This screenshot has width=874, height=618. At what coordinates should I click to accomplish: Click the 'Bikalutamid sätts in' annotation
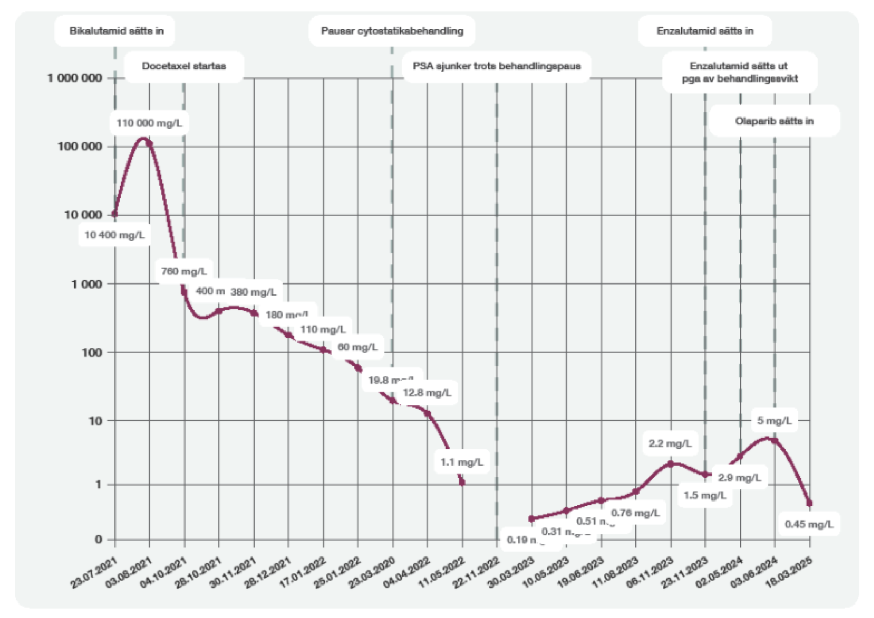coord(116,31)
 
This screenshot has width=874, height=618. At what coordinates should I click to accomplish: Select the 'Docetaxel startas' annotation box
coord(184,66)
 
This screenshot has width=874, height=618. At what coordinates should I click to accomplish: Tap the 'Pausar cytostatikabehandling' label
coord(392,31)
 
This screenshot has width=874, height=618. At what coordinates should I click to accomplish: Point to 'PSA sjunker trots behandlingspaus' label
coord(497,66)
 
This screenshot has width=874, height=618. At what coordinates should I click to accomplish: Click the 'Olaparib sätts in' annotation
coord(774,121)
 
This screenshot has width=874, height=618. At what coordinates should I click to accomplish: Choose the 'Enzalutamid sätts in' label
coord(705,31)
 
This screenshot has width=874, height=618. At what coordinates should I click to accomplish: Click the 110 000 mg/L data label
coord(149,123)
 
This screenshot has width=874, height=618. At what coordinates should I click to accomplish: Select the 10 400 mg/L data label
coord(115,235)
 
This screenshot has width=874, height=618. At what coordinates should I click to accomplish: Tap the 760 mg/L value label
coord(184,271)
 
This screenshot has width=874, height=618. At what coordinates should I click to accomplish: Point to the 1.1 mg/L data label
coord(462,462)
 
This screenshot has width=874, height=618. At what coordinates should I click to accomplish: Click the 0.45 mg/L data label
coord(809,524)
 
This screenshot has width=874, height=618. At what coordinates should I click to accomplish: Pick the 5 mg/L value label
coord(774,421)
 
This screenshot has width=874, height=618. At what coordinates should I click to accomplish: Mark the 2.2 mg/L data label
coord(670,443)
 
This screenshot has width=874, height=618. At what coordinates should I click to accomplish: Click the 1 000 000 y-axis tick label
coord(75,78)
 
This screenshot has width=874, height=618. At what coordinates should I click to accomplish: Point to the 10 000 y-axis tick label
coord(83,215)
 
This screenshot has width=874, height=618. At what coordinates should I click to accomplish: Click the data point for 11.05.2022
coord(462,482)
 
